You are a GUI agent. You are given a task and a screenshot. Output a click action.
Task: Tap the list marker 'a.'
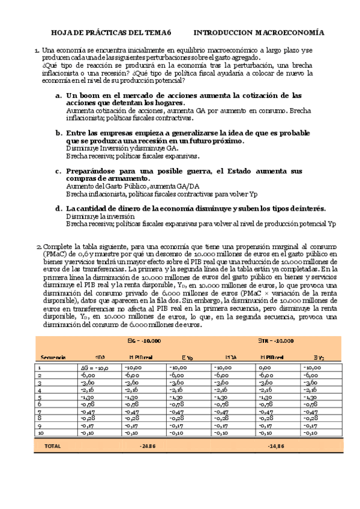tap(58, 95)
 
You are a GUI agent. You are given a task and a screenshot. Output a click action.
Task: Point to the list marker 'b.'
tap(58, 133)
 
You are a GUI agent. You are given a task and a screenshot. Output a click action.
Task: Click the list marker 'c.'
tap(58, 171)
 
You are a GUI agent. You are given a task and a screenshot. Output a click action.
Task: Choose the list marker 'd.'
tap(58, 208)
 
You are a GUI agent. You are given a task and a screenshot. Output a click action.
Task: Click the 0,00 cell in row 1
tap(269, 368)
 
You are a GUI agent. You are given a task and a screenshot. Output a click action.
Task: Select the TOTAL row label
tap(52, 446)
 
